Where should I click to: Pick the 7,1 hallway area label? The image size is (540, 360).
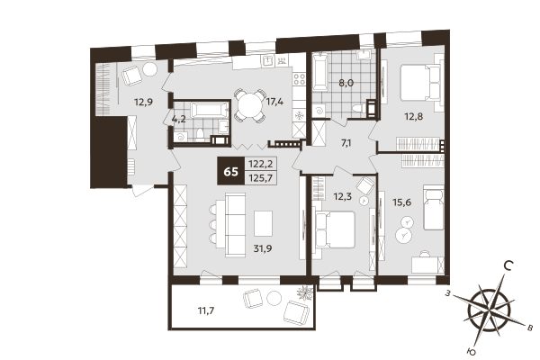pyautogui.click(x=346, y=143)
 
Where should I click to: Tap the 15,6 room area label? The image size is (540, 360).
pyautogui.click(x=403, y=203)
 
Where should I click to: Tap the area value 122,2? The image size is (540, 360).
pyautogui.click(x=262, y=163)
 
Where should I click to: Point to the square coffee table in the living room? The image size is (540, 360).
pyautogui.click(x=263, y=221)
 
